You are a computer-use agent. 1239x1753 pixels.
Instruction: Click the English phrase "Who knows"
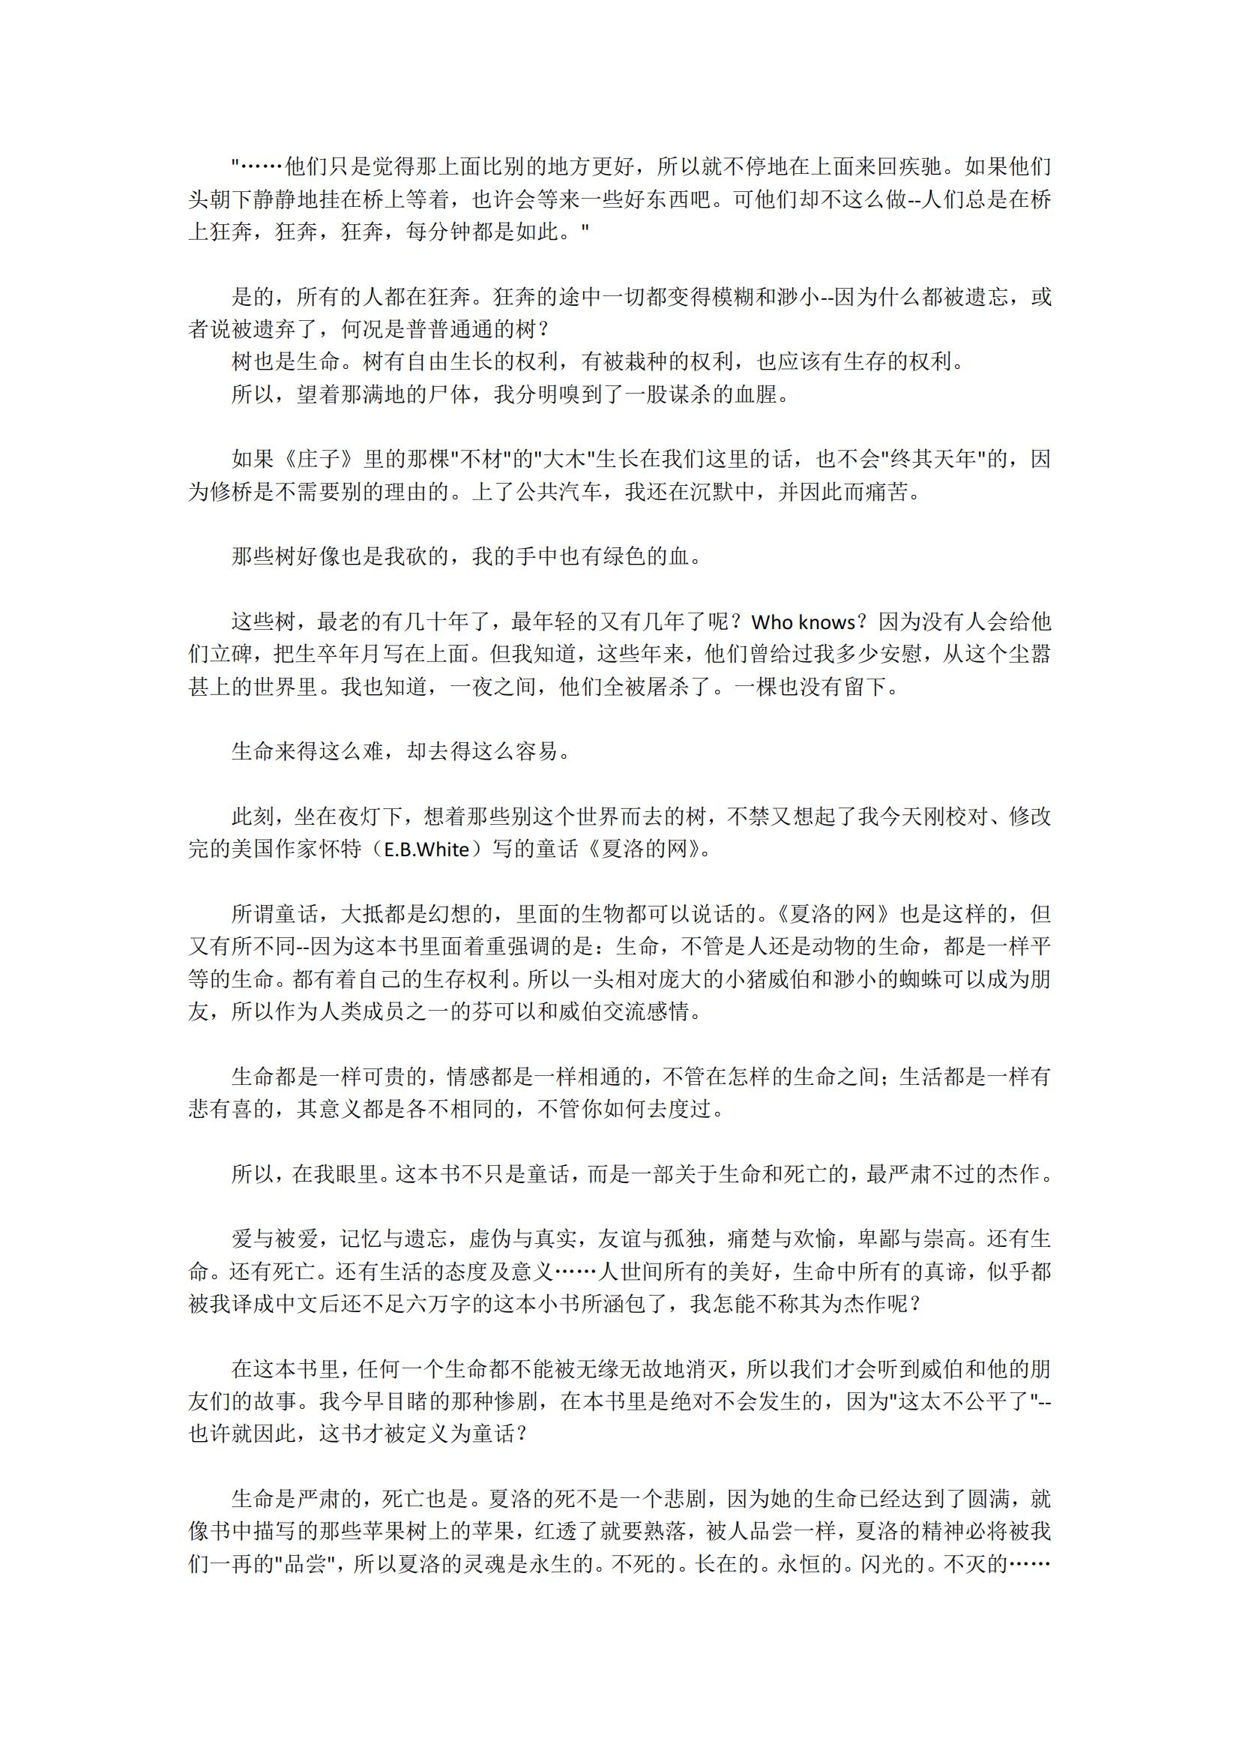803,622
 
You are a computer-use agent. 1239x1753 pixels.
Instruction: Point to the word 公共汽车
560,492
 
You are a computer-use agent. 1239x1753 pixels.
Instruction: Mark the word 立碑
232,655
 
